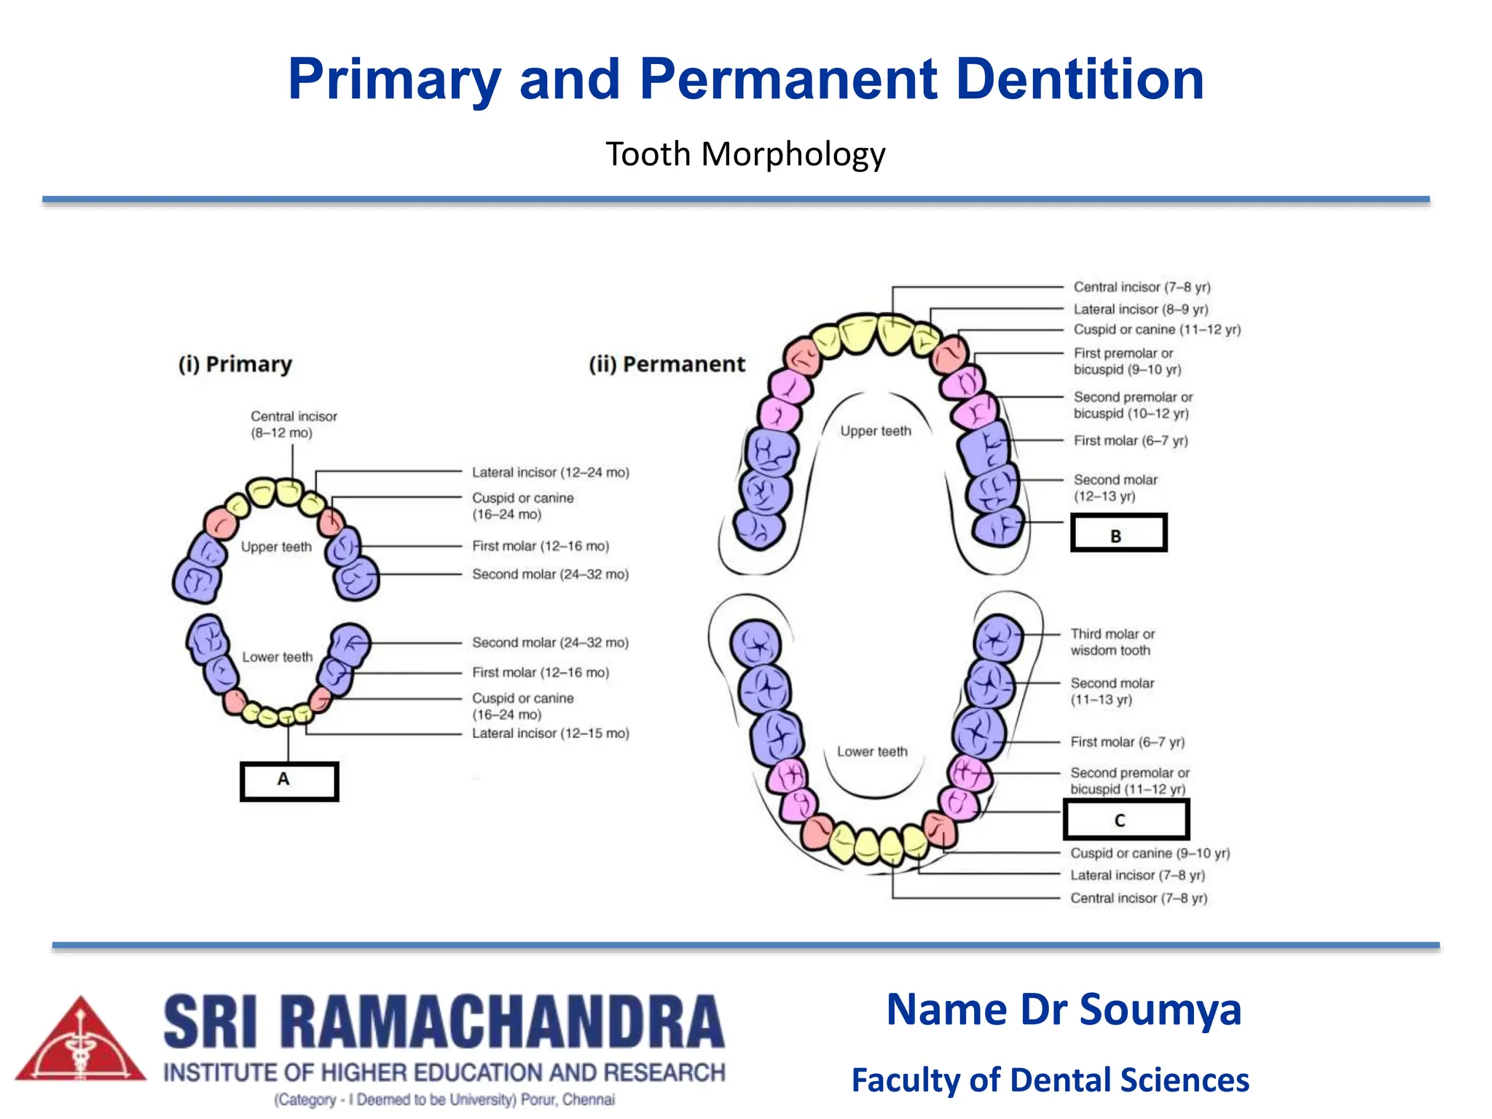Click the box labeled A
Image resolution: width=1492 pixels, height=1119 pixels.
point(289,781)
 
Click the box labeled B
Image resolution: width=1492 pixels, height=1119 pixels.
point(1118,533)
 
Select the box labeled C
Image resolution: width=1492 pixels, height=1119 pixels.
point(1126,820)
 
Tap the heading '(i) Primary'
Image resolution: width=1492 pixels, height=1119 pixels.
point(235,364)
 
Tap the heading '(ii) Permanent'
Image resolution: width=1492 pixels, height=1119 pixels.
point(667,364)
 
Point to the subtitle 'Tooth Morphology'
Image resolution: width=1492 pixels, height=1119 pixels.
point(745,154)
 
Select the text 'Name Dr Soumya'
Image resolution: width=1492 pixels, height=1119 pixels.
point(1064,1010)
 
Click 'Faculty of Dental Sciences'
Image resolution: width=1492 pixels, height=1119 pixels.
point(1050,1080)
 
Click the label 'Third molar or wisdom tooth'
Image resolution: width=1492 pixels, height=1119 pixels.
point(1112,642)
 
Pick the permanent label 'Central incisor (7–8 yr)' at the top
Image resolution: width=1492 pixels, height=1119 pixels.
point(1142,287)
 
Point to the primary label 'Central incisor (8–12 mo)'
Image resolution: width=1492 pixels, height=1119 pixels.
point(294,424)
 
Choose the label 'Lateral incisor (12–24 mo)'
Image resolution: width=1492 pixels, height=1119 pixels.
point(550,472)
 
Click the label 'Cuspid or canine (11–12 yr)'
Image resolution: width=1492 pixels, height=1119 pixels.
point(1156,329)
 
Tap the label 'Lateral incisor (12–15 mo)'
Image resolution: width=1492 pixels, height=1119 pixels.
point(550,733)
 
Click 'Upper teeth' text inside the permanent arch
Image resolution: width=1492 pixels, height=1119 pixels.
point(876,431)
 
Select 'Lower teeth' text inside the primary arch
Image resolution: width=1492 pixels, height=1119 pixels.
point(277,656)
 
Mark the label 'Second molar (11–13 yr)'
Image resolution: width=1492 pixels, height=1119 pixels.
point(1112,691)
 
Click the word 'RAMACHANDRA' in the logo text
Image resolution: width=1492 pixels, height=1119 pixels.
point(503,1022)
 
